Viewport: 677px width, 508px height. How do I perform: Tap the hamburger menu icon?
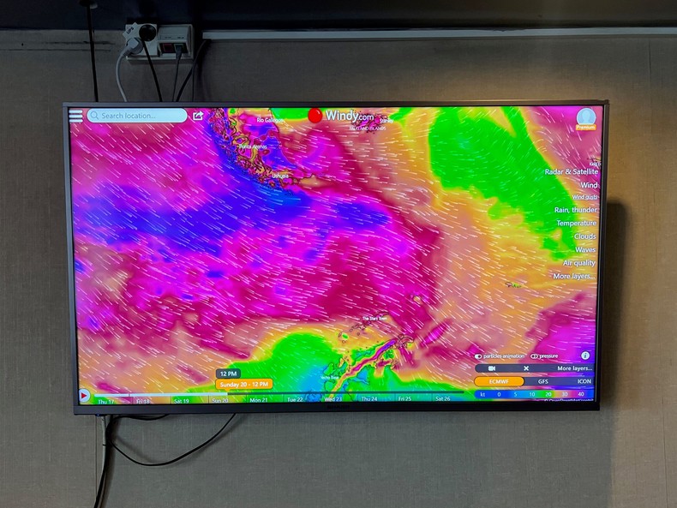click(76, 116)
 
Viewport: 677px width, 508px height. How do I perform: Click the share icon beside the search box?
click(198, 116)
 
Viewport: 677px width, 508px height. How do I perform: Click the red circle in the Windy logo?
click(315, 116)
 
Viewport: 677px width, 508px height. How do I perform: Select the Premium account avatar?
click(586, 117)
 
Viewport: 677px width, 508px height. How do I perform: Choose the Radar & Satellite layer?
click(572, 172)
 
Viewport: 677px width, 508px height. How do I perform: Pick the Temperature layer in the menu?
click(576, 224)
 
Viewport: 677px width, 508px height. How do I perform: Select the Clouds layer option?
click(584, 236)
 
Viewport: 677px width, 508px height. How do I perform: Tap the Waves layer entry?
click(585, 250)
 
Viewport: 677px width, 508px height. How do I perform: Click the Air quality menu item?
click(579, 263)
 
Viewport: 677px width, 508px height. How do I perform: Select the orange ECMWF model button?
click(499, 381)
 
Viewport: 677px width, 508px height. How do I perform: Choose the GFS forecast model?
click(543, 381)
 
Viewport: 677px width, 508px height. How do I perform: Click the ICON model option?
click(584, 381)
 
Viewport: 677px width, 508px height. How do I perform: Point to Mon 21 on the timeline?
click(259, 400)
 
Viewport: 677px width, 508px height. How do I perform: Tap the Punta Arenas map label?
click(253, 146)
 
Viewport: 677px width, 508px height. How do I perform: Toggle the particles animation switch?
click(479, 356)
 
